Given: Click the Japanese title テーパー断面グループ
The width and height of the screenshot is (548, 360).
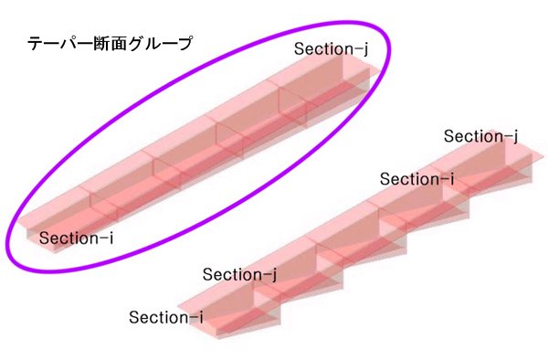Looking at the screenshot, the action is (110, 45).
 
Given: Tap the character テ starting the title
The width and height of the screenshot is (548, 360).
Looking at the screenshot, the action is (36, 45).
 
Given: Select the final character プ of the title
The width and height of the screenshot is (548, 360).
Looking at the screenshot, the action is (184, 45).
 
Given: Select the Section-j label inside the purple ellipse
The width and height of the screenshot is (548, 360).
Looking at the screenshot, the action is (331, 49).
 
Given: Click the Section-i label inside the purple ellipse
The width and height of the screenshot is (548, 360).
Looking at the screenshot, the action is (76, 238).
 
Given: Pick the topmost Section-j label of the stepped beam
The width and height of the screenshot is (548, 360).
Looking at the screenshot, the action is (480, 137).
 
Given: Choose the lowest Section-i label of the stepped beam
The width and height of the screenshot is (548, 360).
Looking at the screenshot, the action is (165, 317).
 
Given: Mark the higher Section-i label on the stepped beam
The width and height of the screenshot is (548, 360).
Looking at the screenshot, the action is (416, 179).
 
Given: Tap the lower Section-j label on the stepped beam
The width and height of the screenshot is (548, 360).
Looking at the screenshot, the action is (239, 275).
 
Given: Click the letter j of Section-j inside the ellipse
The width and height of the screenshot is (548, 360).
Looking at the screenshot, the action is (365, 50).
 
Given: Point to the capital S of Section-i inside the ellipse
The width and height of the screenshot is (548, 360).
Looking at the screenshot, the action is (44, 238).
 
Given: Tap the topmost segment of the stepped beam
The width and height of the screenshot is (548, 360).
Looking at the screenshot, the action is (490, 164).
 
